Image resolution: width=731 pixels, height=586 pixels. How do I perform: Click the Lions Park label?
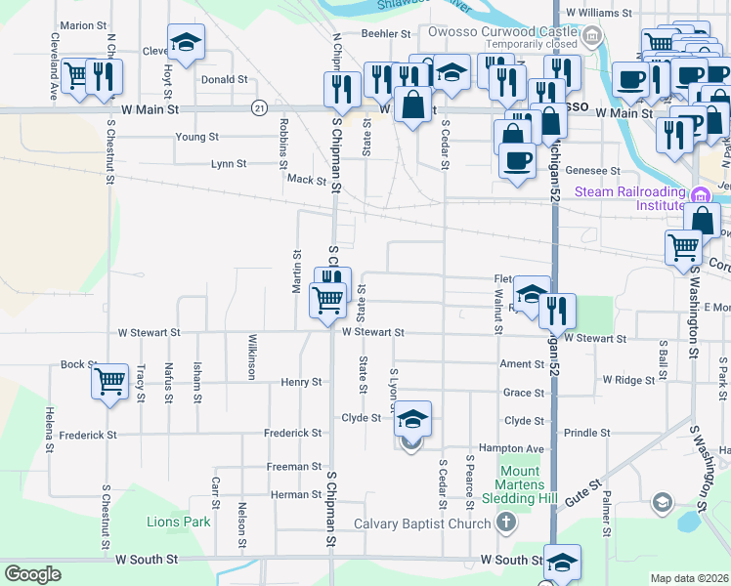coord(179,522)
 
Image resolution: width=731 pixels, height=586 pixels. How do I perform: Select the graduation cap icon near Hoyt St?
coord(186,43)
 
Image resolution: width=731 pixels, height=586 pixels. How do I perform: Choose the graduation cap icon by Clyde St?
coord(412,419)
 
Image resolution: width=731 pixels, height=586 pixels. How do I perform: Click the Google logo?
coord(32,574)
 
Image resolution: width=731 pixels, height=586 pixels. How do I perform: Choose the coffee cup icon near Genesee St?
coord(516,159)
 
